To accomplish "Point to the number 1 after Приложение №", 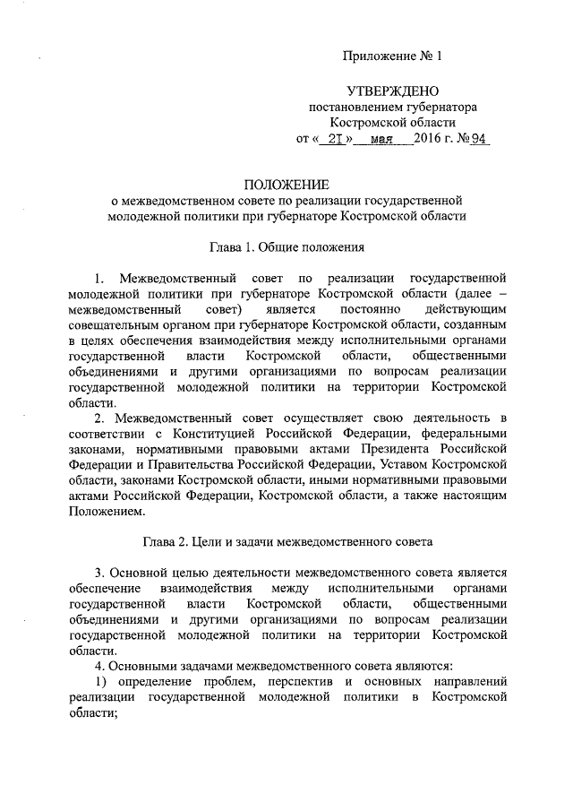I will click(x=440, y=56).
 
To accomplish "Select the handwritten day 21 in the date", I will click(x=333, y=140).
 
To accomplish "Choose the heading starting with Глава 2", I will click(x=286, y=541).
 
